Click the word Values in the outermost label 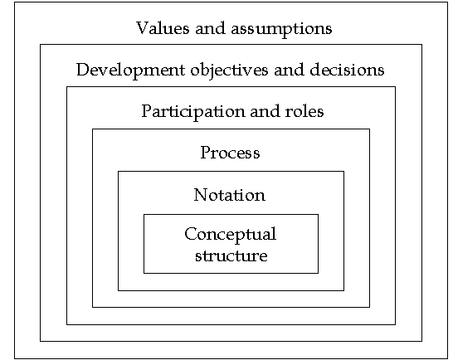click(163, 28)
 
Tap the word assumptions click(281, 30)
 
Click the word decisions click(347, 70)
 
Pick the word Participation click(193, 112)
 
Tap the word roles click(304, 111)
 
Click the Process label click(231, 153)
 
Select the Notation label click(229, 195)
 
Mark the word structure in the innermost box click(231, 255)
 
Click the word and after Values click(211, 28)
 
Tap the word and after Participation click(265, 111)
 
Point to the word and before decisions click(289, 70)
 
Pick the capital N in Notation click(201, 195)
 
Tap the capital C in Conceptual click(191, 234)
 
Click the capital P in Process click(206, 153)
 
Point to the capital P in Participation click(147, 111)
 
